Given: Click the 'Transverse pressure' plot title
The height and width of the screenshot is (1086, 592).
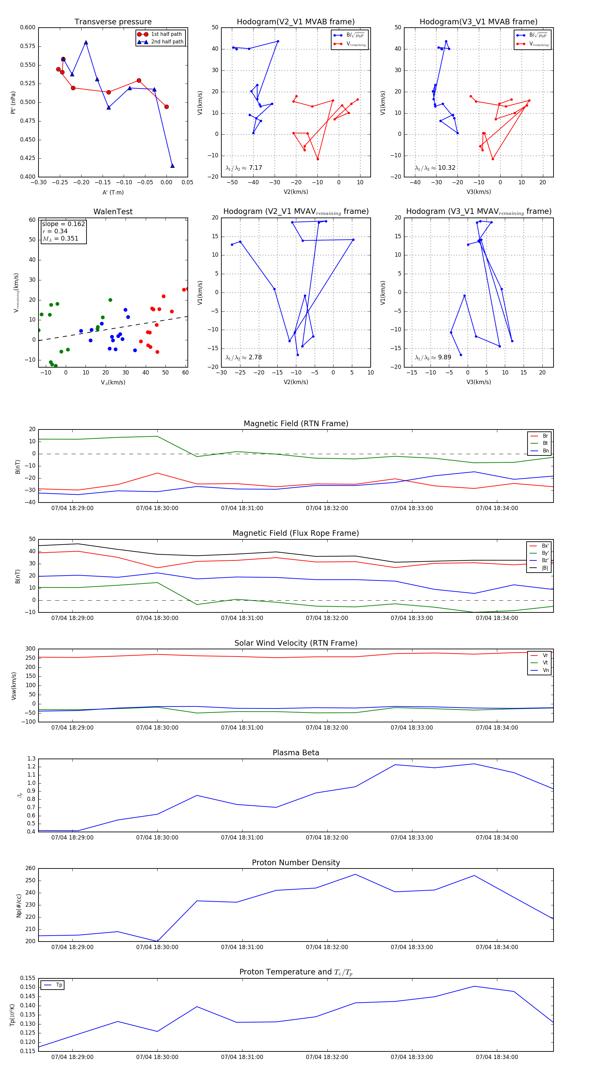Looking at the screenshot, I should (113, 22).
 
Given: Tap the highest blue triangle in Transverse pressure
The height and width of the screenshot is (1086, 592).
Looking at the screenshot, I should (86, 42).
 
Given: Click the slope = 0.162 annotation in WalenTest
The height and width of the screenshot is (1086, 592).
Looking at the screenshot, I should (63, 224).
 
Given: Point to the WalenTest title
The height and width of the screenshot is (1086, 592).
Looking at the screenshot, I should (113, 212).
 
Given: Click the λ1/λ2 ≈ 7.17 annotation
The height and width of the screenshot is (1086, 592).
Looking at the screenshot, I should (243, 168).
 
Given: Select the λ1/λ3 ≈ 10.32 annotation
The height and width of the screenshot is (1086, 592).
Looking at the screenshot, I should (435, 168).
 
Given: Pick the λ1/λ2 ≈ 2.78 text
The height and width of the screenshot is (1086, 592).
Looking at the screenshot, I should (243, 357).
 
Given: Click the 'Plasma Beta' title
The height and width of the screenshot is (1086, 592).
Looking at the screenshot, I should (296, 753).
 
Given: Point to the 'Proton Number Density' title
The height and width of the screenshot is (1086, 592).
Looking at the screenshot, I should (296, 863).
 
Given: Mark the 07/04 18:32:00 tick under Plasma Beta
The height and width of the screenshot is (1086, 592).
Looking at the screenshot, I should (327, 838).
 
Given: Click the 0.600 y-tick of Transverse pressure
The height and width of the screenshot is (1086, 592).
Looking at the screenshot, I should (28, 27).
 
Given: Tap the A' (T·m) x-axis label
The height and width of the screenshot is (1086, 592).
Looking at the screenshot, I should (113, 193).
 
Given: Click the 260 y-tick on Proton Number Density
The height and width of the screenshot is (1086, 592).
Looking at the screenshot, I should (30, 868).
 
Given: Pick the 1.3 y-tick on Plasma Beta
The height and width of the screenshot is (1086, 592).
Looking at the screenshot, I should (32, 759).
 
